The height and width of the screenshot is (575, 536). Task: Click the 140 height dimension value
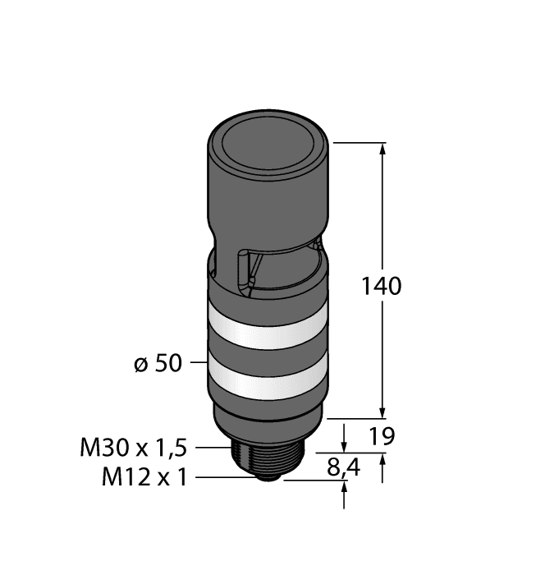pos(382,287)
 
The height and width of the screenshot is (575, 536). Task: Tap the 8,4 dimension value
pos(343,468)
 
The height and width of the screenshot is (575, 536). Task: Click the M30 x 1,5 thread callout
pos(134,448)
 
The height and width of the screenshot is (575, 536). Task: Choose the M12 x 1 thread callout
pos(144,476)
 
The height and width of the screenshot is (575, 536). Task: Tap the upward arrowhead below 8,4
pos(343,488)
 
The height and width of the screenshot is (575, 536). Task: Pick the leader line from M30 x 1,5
pos(211,448)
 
